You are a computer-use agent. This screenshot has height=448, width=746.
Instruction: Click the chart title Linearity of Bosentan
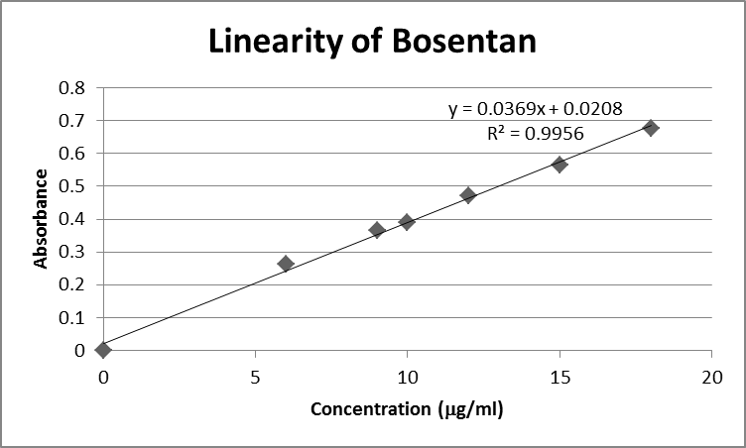tap(371, 41)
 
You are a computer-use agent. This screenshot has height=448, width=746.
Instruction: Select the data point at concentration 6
tap(286, 264)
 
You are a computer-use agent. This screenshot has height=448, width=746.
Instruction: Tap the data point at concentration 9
tap(377, 230)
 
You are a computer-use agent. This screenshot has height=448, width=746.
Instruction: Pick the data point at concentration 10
tap(407, 222)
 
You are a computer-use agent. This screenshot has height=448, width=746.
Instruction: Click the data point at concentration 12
tap(468, 195)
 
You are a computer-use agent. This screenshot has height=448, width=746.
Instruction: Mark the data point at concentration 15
tap(559, 165)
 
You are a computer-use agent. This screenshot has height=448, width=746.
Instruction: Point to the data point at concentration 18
tap(651, 128)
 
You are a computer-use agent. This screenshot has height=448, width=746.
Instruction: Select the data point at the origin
tap(103, 349)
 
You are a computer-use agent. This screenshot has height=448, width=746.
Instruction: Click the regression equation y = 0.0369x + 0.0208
tap(536, 110)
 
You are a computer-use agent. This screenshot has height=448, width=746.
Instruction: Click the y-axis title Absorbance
tap(41, 219)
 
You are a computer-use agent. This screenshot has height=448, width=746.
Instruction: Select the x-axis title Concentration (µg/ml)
tap(407, 409)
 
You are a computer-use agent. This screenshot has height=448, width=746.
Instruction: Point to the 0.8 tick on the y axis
tap(72, 87)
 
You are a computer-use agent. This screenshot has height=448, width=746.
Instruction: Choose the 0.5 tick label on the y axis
tap(72, 185)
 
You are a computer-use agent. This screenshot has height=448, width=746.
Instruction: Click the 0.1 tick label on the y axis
tap(72, 317)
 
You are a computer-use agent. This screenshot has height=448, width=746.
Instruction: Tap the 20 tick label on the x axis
tap(711, 377)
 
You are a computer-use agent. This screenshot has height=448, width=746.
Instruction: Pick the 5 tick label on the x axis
tap(256, 377)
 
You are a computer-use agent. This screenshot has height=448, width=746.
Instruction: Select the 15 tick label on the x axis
tap(559, 377)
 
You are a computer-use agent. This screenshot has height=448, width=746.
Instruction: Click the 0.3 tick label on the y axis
tap(72, 252)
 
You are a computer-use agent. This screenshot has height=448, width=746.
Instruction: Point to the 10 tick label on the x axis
tap(407, 377)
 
